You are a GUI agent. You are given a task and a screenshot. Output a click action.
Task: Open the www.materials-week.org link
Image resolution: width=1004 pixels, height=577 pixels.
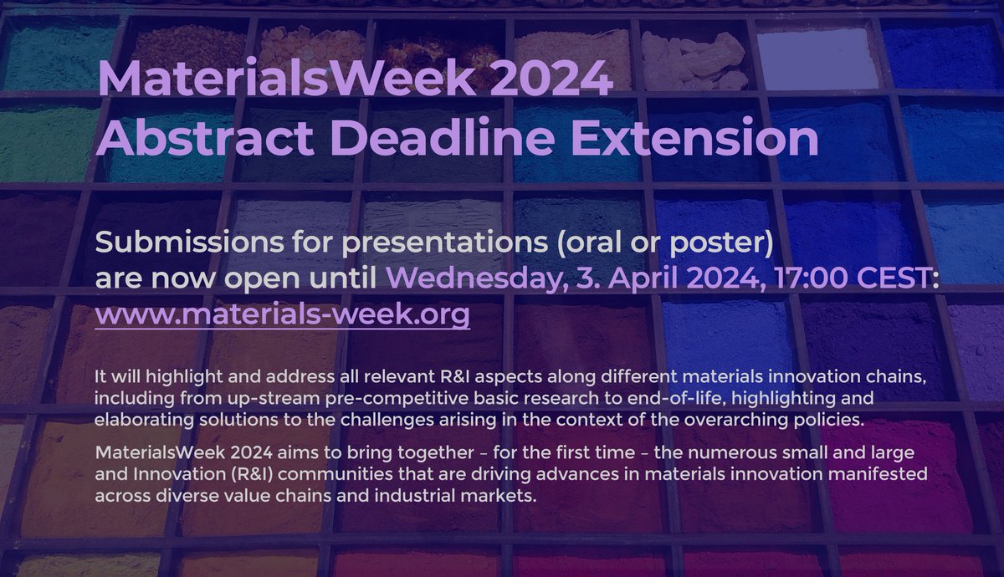point(283,317)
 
